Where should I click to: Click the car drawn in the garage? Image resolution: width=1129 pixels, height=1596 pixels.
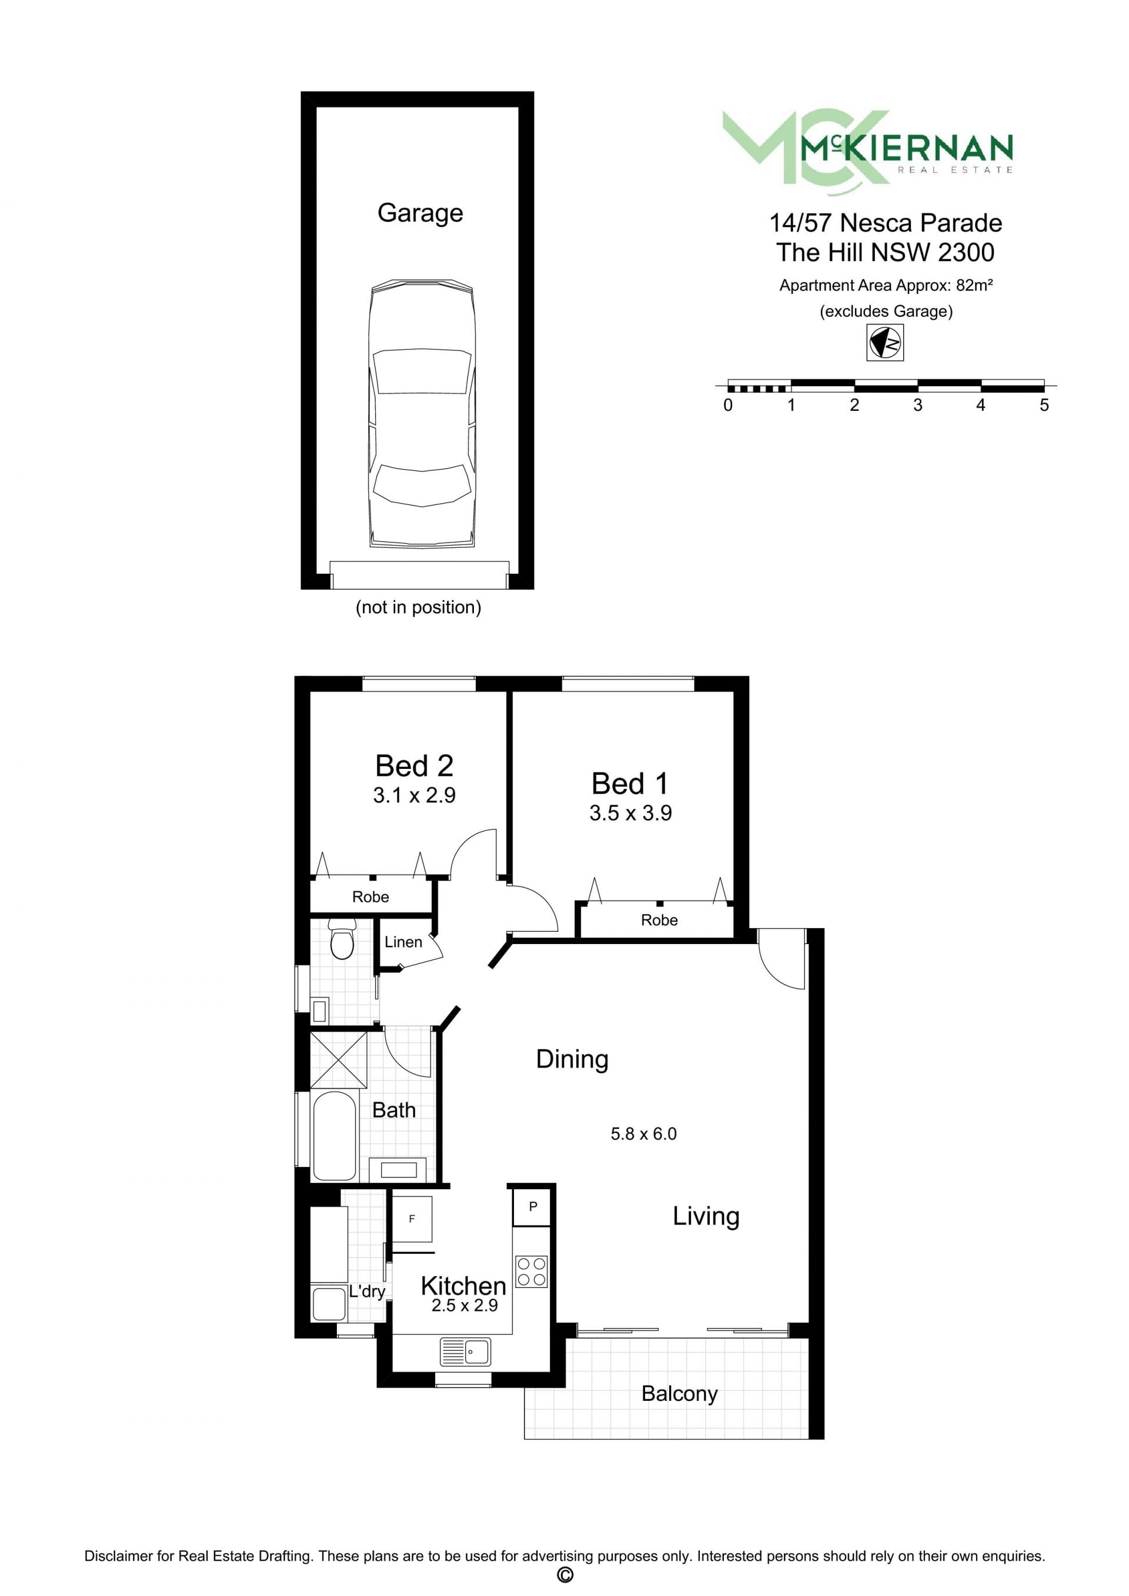click(422, 414)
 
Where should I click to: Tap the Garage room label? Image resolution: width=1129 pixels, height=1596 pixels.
click(420, 213)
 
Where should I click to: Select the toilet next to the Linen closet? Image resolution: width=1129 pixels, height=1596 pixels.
click(342, 939)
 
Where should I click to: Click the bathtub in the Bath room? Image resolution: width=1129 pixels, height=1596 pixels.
click(335, 1136)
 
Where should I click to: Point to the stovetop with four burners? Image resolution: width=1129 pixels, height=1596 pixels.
click(532, 1272)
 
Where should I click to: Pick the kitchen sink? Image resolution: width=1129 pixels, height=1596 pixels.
click(465, 1352)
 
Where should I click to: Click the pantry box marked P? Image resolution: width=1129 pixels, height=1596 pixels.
click(533, 1207)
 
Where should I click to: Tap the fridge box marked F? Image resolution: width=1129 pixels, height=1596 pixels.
click(412, 1219)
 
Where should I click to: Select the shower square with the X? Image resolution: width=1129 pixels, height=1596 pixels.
click(339, 1060)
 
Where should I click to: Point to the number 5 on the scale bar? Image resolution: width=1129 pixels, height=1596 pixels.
click(1044, 405)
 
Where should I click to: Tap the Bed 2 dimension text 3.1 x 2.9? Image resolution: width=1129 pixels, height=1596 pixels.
click(415, 795)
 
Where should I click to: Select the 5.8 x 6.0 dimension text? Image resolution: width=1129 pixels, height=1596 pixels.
click(644, 1134)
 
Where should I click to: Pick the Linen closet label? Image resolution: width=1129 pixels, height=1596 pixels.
click(403, 942)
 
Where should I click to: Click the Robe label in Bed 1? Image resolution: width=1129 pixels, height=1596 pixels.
click(659, 921)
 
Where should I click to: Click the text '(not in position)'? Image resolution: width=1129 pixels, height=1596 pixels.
click(419, 607)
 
